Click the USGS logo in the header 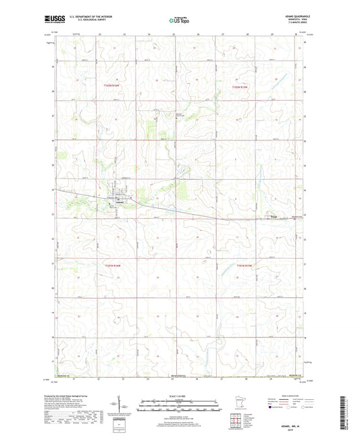point(55,21)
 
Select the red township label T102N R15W point(241,86)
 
